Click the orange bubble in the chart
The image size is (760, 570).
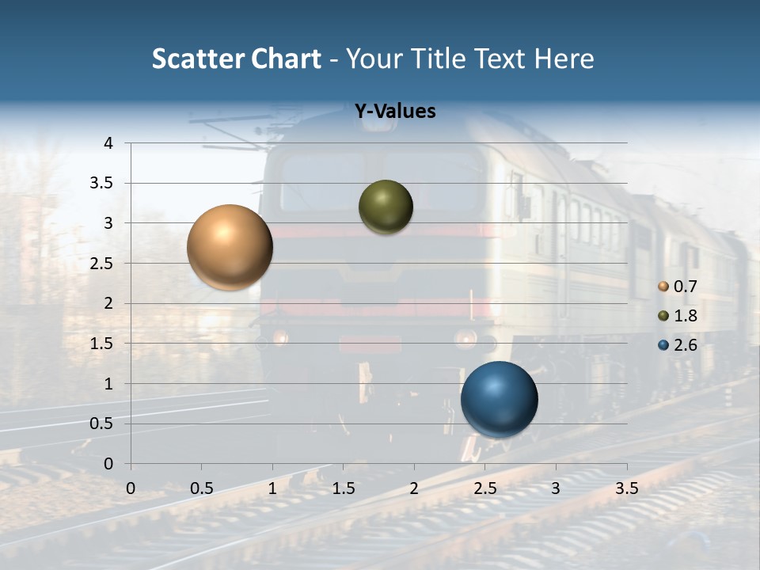click(x=230, y=247)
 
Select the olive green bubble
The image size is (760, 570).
click(x=386, y=207)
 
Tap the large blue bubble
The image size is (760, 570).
click(x=499, y=399)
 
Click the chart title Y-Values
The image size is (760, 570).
click(x=395, y=112)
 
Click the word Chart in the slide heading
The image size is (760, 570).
click(x=286, y=59)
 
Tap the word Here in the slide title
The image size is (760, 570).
click(x=564, y=59)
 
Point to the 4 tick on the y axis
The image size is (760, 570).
click(x=108, y=143)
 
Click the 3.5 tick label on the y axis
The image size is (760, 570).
click(x=101, y=183)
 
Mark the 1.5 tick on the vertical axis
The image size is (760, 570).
click(x=101, y=344)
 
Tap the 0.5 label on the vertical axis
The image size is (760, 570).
click(x=101, y=424)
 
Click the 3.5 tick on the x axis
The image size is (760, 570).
click(x=626, y=488)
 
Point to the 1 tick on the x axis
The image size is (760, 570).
click(x=272, y=488)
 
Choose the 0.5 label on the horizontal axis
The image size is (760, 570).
click(x=201, y=488)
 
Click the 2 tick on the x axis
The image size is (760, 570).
click(x=414, y=488)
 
